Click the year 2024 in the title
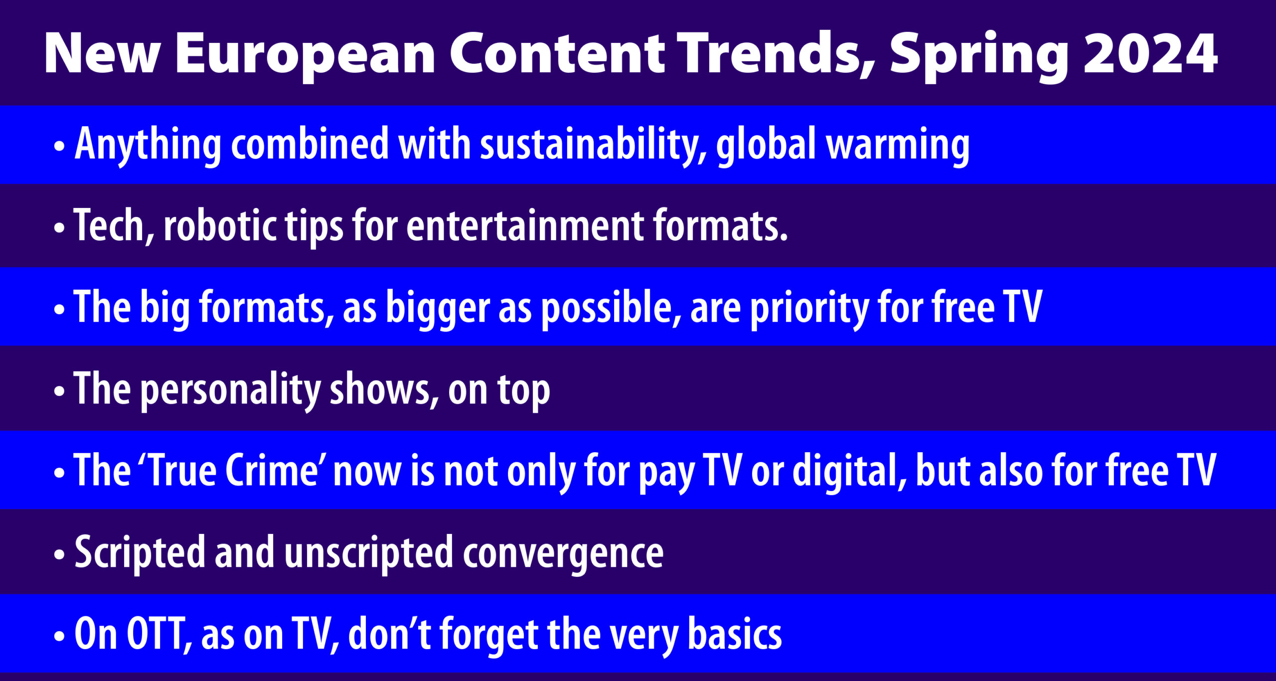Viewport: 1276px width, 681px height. [x=1150, y=53]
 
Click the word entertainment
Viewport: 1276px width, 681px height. [x=525, y=226]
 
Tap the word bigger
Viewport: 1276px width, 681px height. [x=438, y=309]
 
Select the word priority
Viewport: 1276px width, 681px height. [x=809, y=310]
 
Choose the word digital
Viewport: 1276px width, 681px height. [x=849, y=473]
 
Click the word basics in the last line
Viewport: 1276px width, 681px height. [x=735, y=634]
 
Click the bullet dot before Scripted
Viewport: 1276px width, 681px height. [x=59, y=555]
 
